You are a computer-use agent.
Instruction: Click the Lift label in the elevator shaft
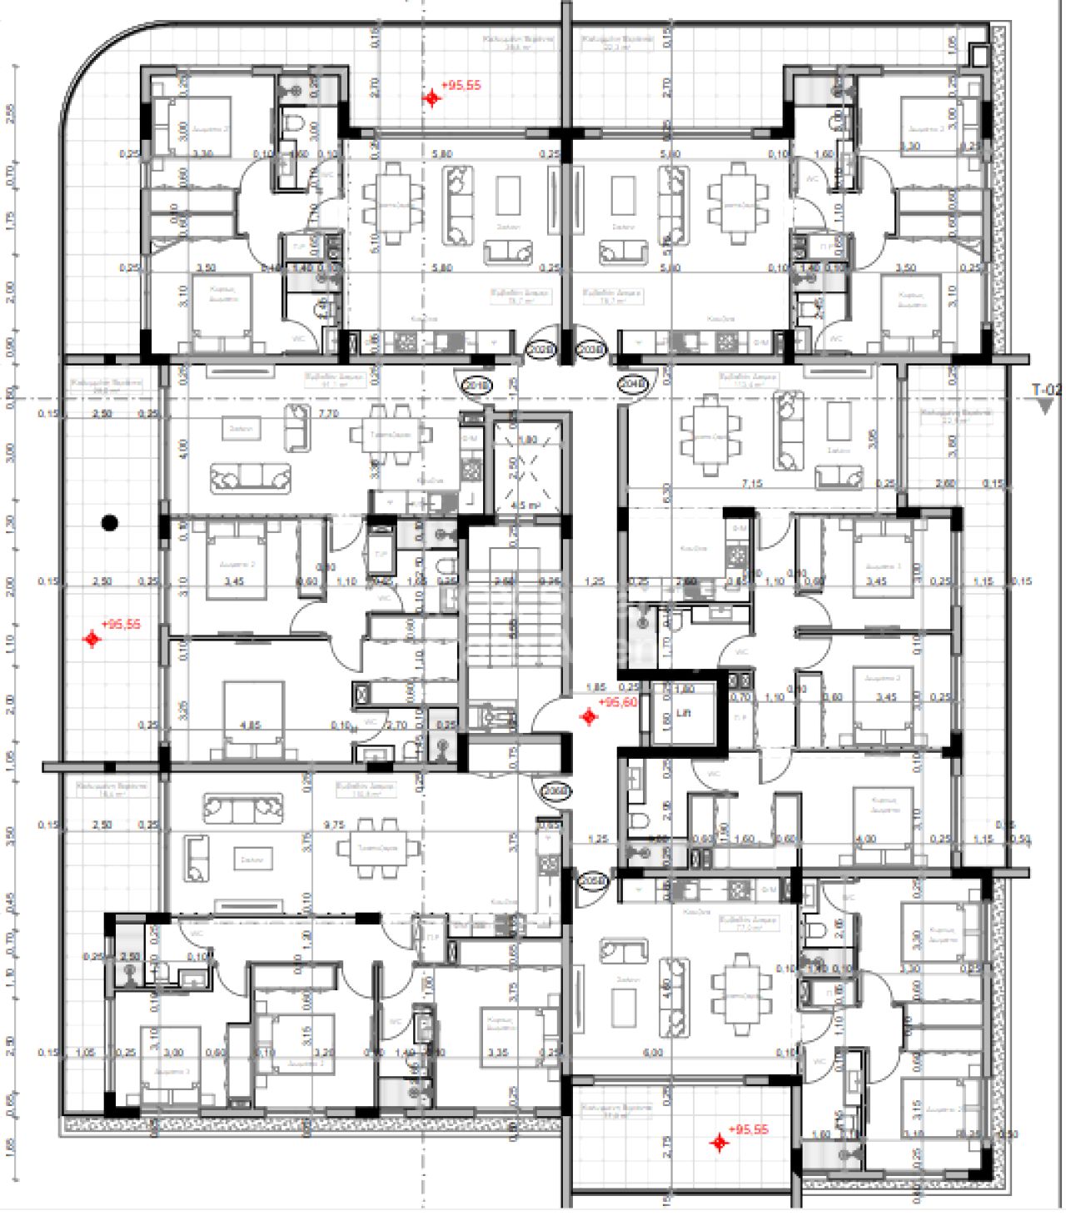coord(683,714)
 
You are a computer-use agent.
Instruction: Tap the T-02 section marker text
coord(1047,389)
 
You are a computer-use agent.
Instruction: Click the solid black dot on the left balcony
coord(109,523)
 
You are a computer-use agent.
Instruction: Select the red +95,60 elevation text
coord(618,702)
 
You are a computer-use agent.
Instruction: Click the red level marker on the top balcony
coord(431,98)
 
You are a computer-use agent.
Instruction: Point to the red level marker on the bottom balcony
coord(720,1143)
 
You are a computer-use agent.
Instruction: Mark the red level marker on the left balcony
coord(92,639)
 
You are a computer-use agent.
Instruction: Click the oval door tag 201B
coord(476,386)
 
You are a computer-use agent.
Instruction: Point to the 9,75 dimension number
coord(335,825)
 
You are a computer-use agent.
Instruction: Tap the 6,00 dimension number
coord(653,1053)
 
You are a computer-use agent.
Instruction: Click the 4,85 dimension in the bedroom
coord(249,725)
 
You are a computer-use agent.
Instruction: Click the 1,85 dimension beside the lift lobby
coord(595,688)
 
